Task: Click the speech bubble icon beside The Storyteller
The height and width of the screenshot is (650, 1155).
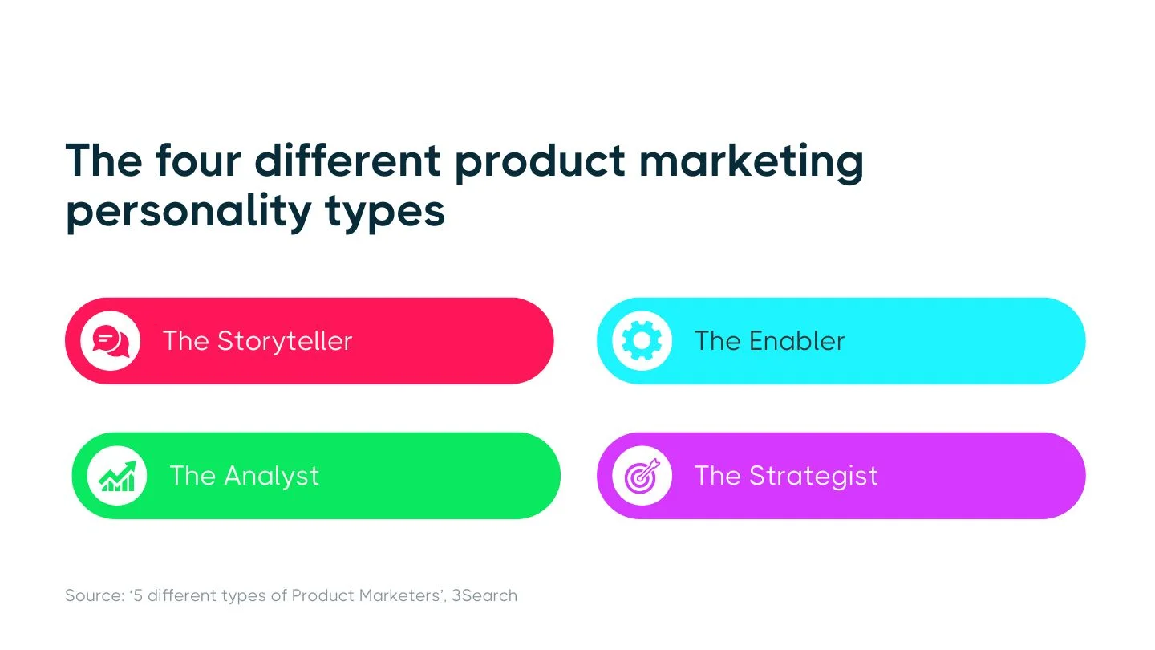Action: (x=110, y=341)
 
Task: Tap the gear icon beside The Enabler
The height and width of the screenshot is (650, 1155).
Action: (x=642, y=341)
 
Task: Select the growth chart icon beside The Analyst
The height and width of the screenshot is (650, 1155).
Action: (x=117, y=476)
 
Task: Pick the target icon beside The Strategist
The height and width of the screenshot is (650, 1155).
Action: (x=642, y=476)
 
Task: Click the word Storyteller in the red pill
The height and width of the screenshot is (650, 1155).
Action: (x=285, y=341)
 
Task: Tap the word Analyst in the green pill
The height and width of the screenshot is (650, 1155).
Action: (x=271, y=476)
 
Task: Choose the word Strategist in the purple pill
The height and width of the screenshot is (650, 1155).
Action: (x=813, y=476)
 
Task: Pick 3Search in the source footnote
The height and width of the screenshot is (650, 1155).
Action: (x=484, y=595)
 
